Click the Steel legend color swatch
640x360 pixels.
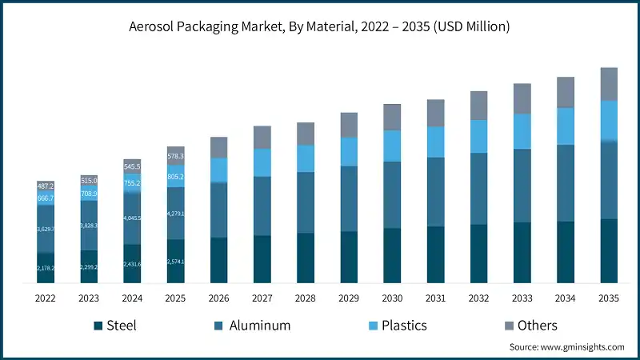tap(98, 326)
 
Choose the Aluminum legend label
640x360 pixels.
tap(259, 326)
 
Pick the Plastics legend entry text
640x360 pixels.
tap(403, 326)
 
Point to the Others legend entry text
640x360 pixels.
tap(537, 326)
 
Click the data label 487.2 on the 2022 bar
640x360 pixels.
tap(46, 186)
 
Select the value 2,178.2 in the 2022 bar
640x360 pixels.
tap(46, 268)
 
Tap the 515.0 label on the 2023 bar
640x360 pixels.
tap(89, 181)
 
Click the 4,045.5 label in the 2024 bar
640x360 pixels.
tap(132, 218)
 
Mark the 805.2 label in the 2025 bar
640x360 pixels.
tap(175, 177)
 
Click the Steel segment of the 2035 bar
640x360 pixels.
tap(609, 250)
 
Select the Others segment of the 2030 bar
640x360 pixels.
tap(392, 117)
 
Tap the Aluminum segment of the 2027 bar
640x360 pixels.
tap(262, 206)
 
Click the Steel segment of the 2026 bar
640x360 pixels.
tap(218, 260)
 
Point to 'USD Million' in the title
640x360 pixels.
tap(468, 26)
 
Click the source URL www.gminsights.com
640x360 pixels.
tap(582, 347)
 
